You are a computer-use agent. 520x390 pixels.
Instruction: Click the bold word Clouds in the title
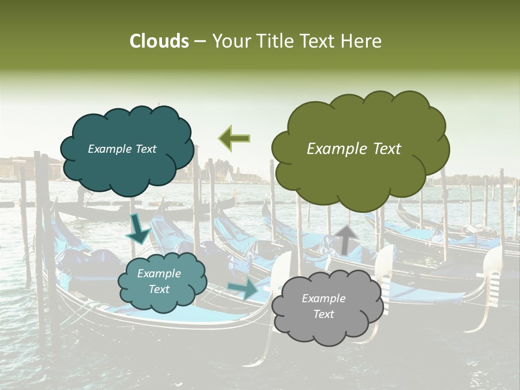[159, 41]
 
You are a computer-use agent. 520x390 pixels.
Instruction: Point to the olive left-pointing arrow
[234, 138]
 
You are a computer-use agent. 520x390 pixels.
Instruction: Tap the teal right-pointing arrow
[243, 289]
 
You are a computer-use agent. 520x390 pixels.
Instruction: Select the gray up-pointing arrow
[346, 239]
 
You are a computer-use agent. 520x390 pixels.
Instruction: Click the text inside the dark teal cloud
[122, 149]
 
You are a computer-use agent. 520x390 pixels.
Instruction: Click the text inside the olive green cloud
[354, 149]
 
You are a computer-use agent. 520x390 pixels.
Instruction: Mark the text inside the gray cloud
[323, 306]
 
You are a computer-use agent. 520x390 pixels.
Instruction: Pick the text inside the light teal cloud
[159, 281]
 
